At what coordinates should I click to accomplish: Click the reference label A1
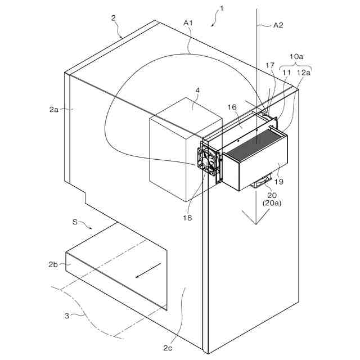coord(188,23)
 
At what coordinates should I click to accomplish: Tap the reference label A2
coord(278,25)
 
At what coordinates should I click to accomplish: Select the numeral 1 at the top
coord(222,8)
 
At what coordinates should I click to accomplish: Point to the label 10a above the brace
coord(296,57)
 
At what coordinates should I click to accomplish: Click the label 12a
coord(303,73)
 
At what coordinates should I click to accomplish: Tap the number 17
coord(271,66)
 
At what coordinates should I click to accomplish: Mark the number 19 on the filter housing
coord(279,181)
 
